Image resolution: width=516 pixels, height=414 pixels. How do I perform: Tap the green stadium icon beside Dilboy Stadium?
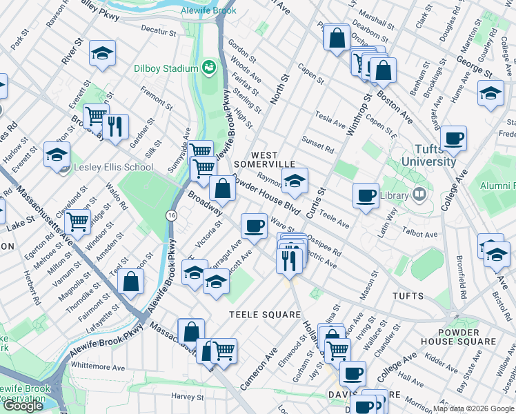(x=208, y=68)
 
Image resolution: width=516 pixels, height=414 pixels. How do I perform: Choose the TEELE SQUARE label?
(x=261, y=315)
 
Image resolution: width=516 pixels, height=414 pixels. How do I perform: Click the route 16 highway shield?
(x=170, y=215)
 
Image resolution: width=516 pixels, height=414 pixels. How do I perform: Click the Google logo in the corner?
(x=23, y=406)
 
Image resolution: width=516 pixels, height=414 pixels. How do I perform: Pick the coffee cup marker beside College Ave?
(x=453, y=139)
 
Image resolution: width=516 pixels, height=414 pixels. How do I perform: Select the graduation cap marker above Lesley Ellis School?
(x=57, y=154)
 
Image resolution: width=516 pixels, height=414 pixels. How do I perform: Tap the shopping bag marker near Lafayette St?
(x=130, y=281)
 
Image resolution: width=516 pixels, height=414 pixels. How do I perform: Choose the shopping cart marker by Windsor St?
(x=79, y=221)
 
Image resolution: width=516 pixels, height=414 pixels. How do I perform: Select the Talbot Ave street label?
(x=421, y=235)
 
